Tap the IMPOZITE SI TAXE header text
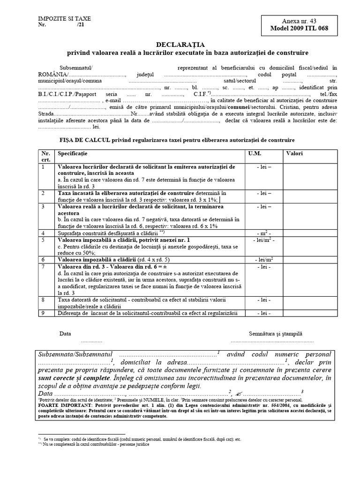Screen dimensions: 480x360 click(65, 18)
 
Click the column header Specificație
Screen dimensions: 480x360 click(72, 153)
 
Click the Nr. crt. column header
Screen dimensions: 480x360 click(45, 157)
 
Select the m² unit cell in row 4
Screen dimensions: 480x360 click(264, 233)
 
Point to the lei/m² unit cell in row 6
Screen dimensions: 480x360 click(264, 259)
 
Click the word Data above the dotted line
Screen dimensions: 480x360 click(65, 334)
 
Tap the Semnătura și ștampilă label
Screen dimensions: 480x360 click(276, 334)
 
